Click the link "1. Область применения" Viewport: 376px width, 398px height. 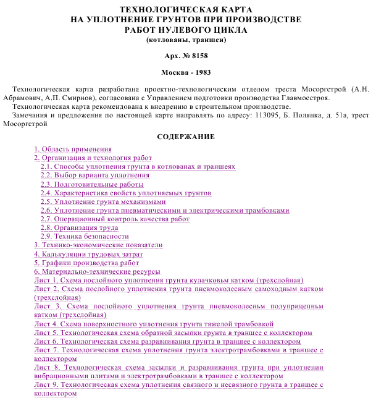tap(73, 150)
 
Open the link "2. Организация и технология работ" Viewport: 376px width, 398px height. tap(93, 158)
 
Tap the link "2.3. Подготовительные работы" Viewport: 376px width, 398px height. tap(92, 184)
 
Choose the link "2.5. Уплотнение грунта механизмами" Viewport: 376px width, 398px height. tap(103, 201)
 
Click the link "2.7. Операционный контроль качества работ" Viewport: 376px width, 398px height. tap(115, 219)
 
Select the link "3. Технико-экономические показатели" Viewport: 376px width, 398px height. tap(98, 245)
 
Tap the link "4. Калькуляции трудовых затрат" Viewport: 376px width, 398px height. tap(88, 254)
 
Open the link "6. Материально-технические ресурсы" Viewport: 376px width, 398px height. tap(97, 271)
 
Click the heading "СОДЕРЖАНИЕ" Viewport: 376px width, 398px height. tap(186, 137)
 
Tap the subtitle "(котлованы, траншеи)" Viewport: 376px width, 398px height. tap(186, 40)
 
